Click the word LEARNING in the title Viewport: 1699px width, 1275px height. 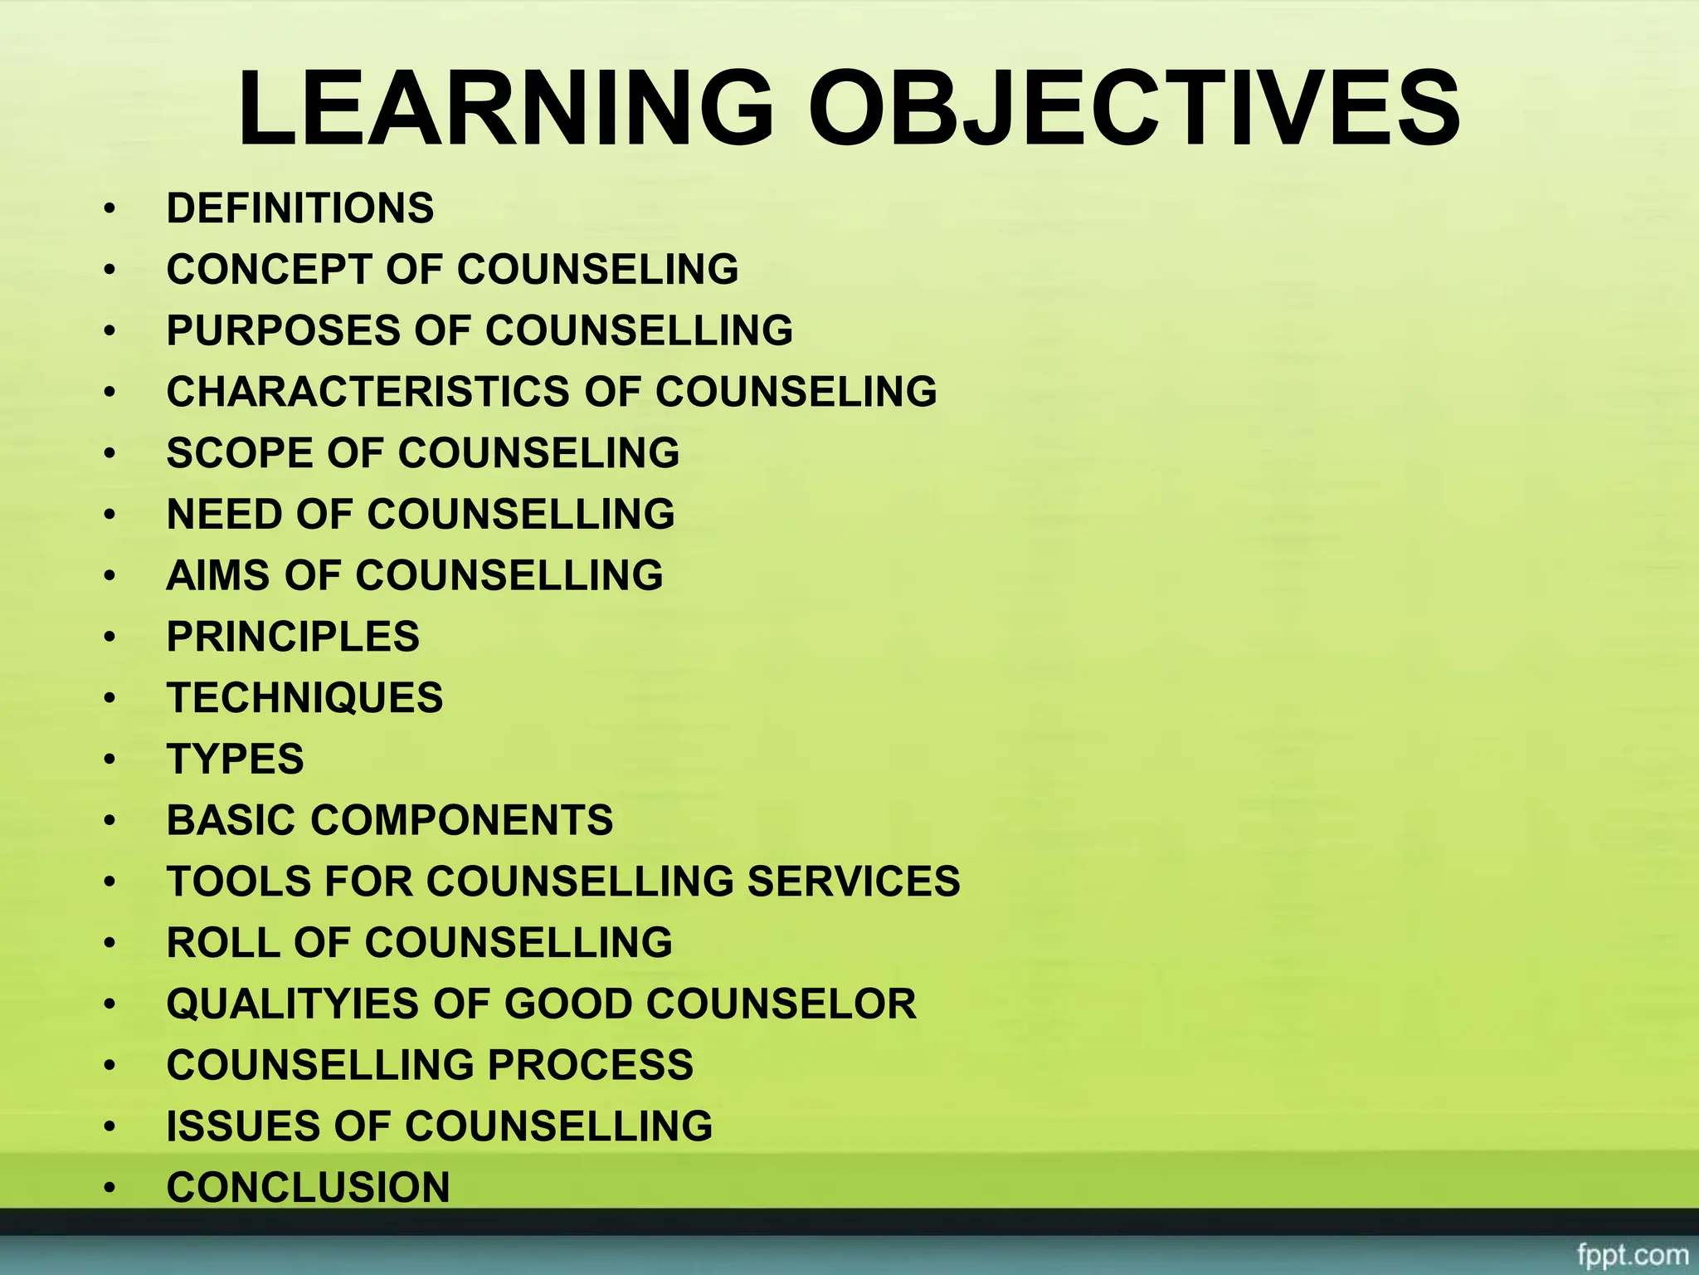pos(505,109)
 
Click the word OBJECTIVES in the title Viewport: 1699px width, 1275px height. pos(1134,109)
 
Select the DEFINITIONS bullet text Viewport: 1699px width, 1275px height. pos(299,208)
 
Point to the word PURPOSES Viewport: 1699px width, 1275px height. pos(284,330)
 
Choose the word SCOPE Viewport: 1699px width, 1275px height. pos(240,453)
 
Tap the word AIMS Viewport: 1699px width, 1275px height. pos(218,575)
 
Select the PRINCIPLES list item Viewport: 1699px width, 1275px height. pos(293,637)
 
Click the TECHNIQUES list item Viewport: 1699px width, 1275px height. pos(304,698)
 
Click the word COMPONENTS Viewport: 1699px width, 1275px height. pos(462,820)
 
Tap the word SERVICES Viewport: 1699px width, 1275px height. pos(854,882)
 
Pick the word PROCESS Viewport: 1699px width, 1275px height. pos(590,1065)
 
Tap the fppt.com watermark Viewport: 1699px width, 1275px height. pos(1632,1254)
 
